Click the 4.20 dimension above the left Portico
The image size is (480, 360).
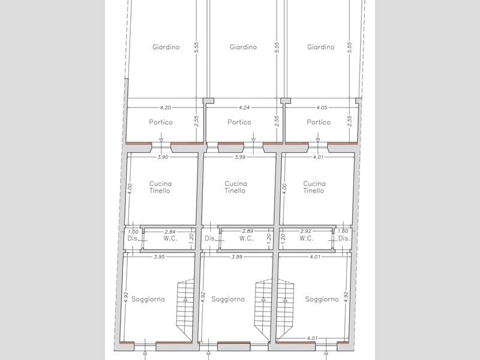tap(166, 107)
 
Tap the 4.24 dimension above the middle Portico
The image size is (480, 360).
tap(244, 107)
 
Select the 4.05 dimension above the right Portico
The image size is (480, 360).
tap(322, 107)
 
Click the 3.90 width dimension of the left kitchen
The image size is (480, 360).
tap(163, 157)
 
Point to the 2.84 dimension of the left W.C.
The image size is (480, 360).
tap(170, 232)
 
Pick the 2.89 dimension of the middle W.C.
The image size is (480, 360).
tap(247, 231)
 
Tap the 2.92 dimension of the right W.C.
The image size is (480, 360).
tap(306, 231)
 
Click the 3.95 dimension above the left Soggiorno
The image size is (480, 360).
tap(159, 257)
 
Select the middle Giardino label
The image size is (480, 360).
tap(243, 47)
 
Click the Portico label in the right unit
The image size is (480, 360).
tap(319, 122)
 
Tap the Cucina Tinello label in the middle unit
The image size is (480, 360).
tap(235, 187)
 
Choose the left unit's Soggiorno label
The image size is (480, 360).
tap(148, 299)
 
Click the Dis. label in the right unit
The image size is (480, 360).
tap(344, 238)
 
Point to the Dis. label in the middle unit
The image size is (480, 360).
tap(211, 238)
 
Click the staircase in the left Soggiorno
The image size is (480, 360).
tap(185, 309)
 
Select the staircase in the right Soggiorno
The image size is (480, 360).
tap(286, 309)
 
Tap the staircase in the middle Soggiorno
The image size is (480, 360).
tap(263, 309)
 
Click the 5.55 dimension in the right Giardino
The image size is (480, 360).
tap(350, 47)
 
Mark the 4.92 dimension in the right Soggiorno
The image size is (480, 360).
tap(346, 297)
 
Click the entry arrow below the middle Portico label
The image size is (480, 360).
tap(253, 137)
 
